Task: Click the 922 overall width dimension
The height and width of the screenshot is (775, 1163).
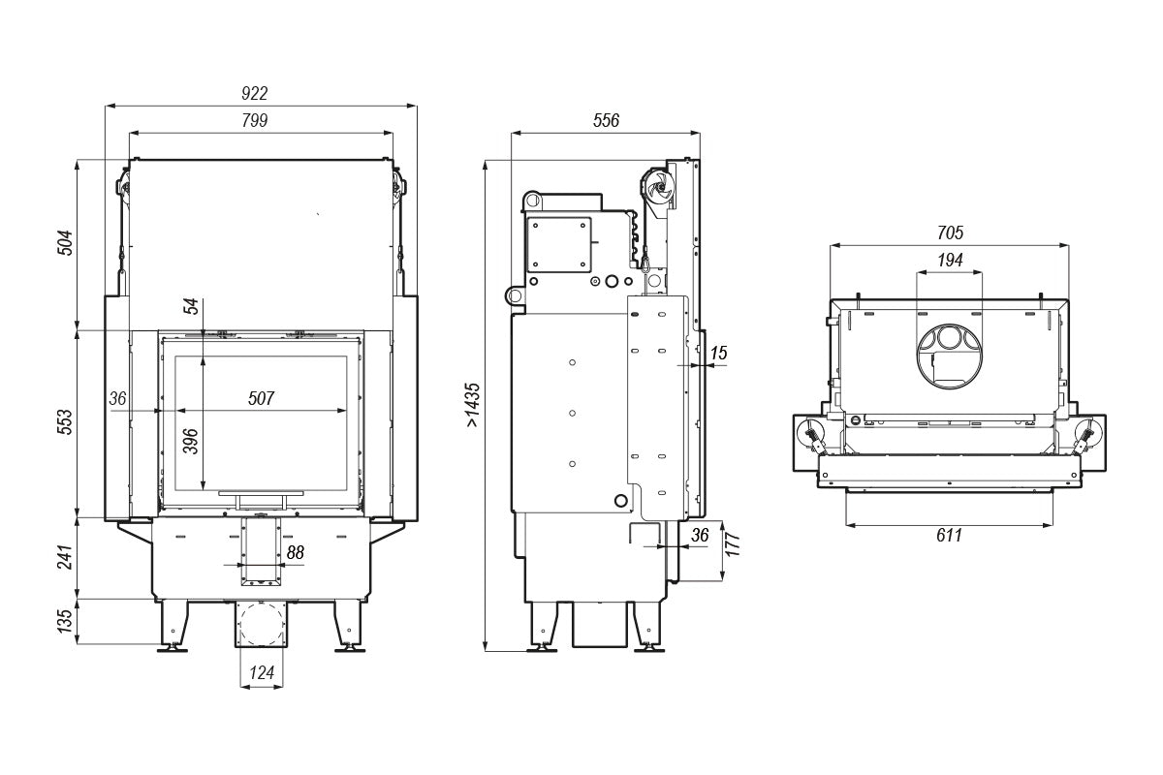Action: pyautogui.click(x=254, y=93)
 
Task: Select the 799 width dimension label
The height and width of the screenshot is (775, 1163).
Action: pyautogui.click(x=254, y=120)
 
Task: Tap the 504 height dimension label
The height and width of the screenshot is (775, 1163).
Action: pyautogui.click(x=65, y=242)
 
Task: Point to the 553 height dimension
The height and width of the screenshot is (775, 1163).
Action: pyautogui.click(x=65, y=422)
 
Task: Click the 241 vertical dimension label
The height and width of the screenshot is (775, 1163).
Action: pyautogui.click(x=65, y=557)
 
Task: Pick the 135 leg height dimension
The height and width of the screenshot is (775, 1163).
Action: pyautogui.click(x=65, y=621)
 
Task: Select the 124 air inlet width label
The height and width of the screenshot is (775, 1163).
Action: pyautogui.click(x=261, y=672)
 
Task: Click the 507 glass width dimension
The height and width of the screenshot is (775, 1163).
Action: pyautogui.click(x=261, y=398)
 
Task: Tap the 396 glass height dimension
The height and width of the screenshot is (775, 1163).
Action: pyautogui.click(x=191, y=441)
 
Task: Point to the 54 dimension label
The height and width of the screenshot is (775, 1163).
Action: pyautogui.click(x=191, y=306)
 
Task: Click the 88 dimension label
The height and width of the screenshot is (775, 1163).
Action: pyautogui.click(x=295, y=552)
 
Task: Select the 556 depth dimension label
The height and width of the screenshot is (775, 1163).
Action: pyautogui.click(x=606, y=120)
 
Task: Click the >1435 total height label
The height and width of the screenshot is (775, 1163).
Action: pyautogui.click(x=473, y=405)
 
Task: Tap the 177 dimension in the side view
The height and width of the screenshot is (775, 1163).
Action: pyautogui.click(x=732, y=544)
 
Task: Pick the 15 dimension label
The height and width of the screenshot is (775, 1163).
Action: pyautogui.click(x=718, y=353)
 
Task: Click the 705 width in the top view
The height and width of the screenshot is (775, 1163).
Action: pyautogui.click(x=950, y=232)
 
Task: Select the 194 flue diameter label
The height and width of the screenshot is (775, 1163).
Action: pyautogui.click(x=950, y=260)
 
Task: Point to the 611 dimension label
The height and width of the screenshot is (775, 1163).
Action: pyautogui.click(x=949, y=535)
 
